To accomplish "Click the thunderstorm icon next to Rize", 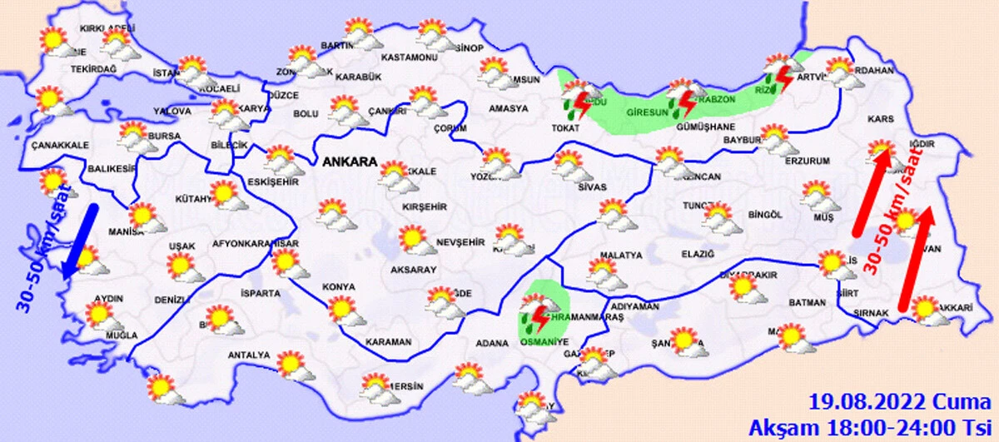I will point(783,80).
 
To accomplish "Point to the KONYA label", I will point(339,286).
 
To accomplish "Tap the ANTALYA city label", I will point(249,355).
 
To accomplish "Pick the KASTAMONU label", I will point(409,58).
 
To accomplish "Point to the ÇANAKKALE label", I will point(59,145).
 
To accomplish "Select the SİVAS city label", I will point(593,186).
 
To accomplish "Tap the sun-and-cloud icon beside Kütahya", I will point(224,195).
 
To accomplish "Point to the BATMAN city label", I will point(804,303).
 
